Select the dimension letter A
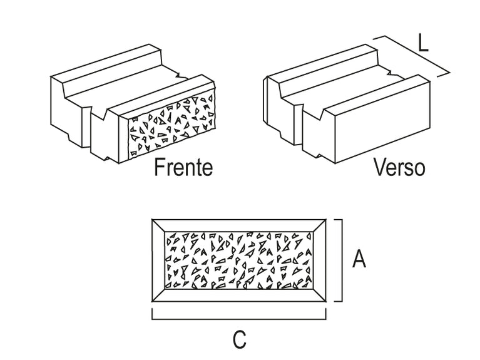359,259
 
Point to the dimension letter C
239,340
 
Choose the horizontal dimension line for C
239,318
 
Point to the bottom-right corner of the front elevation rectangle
327,301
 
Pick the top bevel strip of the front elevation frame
239,225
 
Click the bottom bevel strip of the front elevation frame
239,295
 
